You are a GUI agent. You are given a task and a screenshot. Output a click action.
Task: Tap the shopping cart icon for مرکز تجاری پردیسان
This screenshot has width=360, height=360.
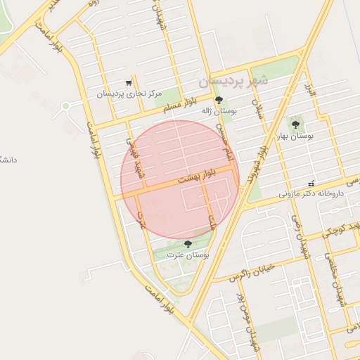point(129,82)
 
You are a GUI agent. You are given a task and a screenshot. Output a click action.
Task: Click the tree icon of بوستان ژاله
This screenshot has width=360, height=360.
point(219,100)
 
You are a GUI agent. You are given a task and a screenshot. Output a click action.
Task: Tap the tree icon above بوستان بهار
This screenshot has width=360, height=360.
point(295,124)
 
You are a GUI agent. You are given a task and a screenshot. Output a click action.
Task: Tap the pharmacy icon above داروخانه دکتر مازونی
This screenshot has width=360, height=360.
point(311,183)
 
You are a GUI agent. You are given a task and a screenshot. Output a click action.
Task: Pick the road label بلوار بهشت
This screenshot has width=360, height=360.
point(195,176)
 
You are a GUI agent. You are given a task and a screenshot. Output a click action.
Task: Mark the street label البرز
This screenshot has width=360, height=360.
point(310,91)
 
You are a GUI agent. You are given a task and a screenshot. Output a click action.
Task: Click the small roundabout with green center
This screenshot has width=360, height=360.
point(66,106)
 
